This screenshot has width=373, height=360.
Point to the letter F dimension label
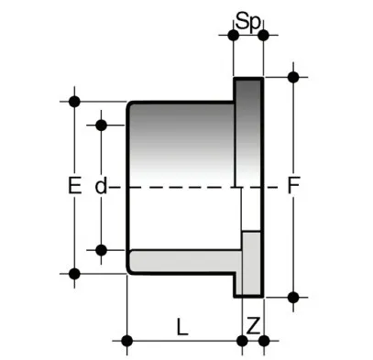[x=293, y=185]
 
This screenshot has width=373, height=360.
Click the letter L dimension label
[x=182, y=326]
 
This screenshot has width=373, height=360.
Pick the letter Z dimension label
[x=253, y=326]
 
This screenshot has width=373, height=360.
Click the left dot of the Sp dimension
[x=233, y=35]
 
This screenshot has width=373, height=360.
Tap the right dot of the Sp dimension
[x=263, y=35]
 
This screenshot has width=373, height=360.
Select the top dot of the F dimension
[x=293, y=77]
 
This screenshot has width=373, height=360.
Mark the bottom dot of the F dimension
[x=293, y=297]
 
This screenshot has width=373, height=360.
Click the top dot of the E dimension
[x=74, y=101]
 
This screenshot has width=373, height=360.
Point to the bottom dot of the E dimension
[x=74, y=274]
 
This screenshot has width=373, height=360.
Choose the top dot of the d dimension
[x=101, y=125]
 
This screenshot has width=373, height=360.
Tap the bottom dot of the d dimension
[x=101, y=250]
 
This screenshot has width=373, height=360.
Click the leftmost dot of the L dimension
[x=127, y=341]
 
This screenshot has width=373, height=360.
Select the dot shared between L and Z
[x=242, y=341]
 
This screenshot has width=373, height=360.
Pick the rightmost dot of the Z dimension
[x=264, y=341]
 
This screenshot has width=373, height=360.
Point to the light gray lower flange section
[x=252, y=263]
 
